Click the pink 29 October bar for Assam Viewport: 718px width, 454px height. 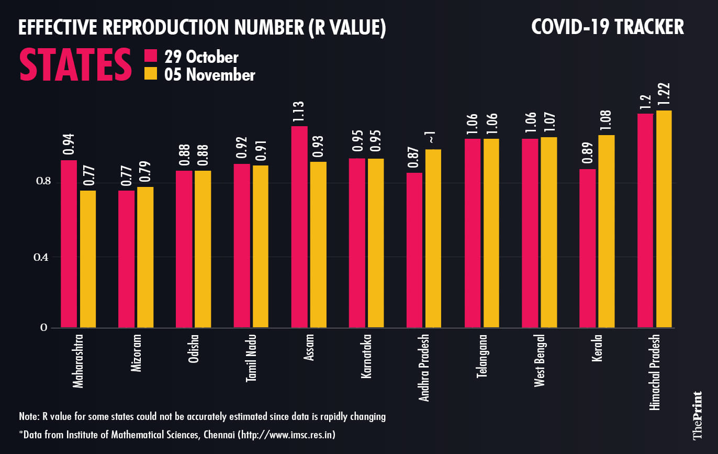(299, 227)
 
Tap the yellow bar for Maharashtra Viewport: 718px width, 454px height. (88, 259)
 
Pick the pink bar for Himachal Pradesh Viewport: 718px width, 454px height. (646, 220)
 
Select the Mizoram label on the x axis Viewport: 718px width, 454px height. (136, 354)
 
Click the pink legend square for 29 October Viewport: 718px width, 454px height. (151, 57)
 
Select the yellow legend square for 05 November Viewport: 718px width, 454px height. (151, 74)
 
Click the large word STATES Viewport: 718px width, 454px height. (76, 65)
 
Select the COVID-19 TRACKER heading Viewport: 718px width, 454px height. (607, 27)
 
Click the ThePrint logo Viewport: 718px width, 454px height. (697, 415)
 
